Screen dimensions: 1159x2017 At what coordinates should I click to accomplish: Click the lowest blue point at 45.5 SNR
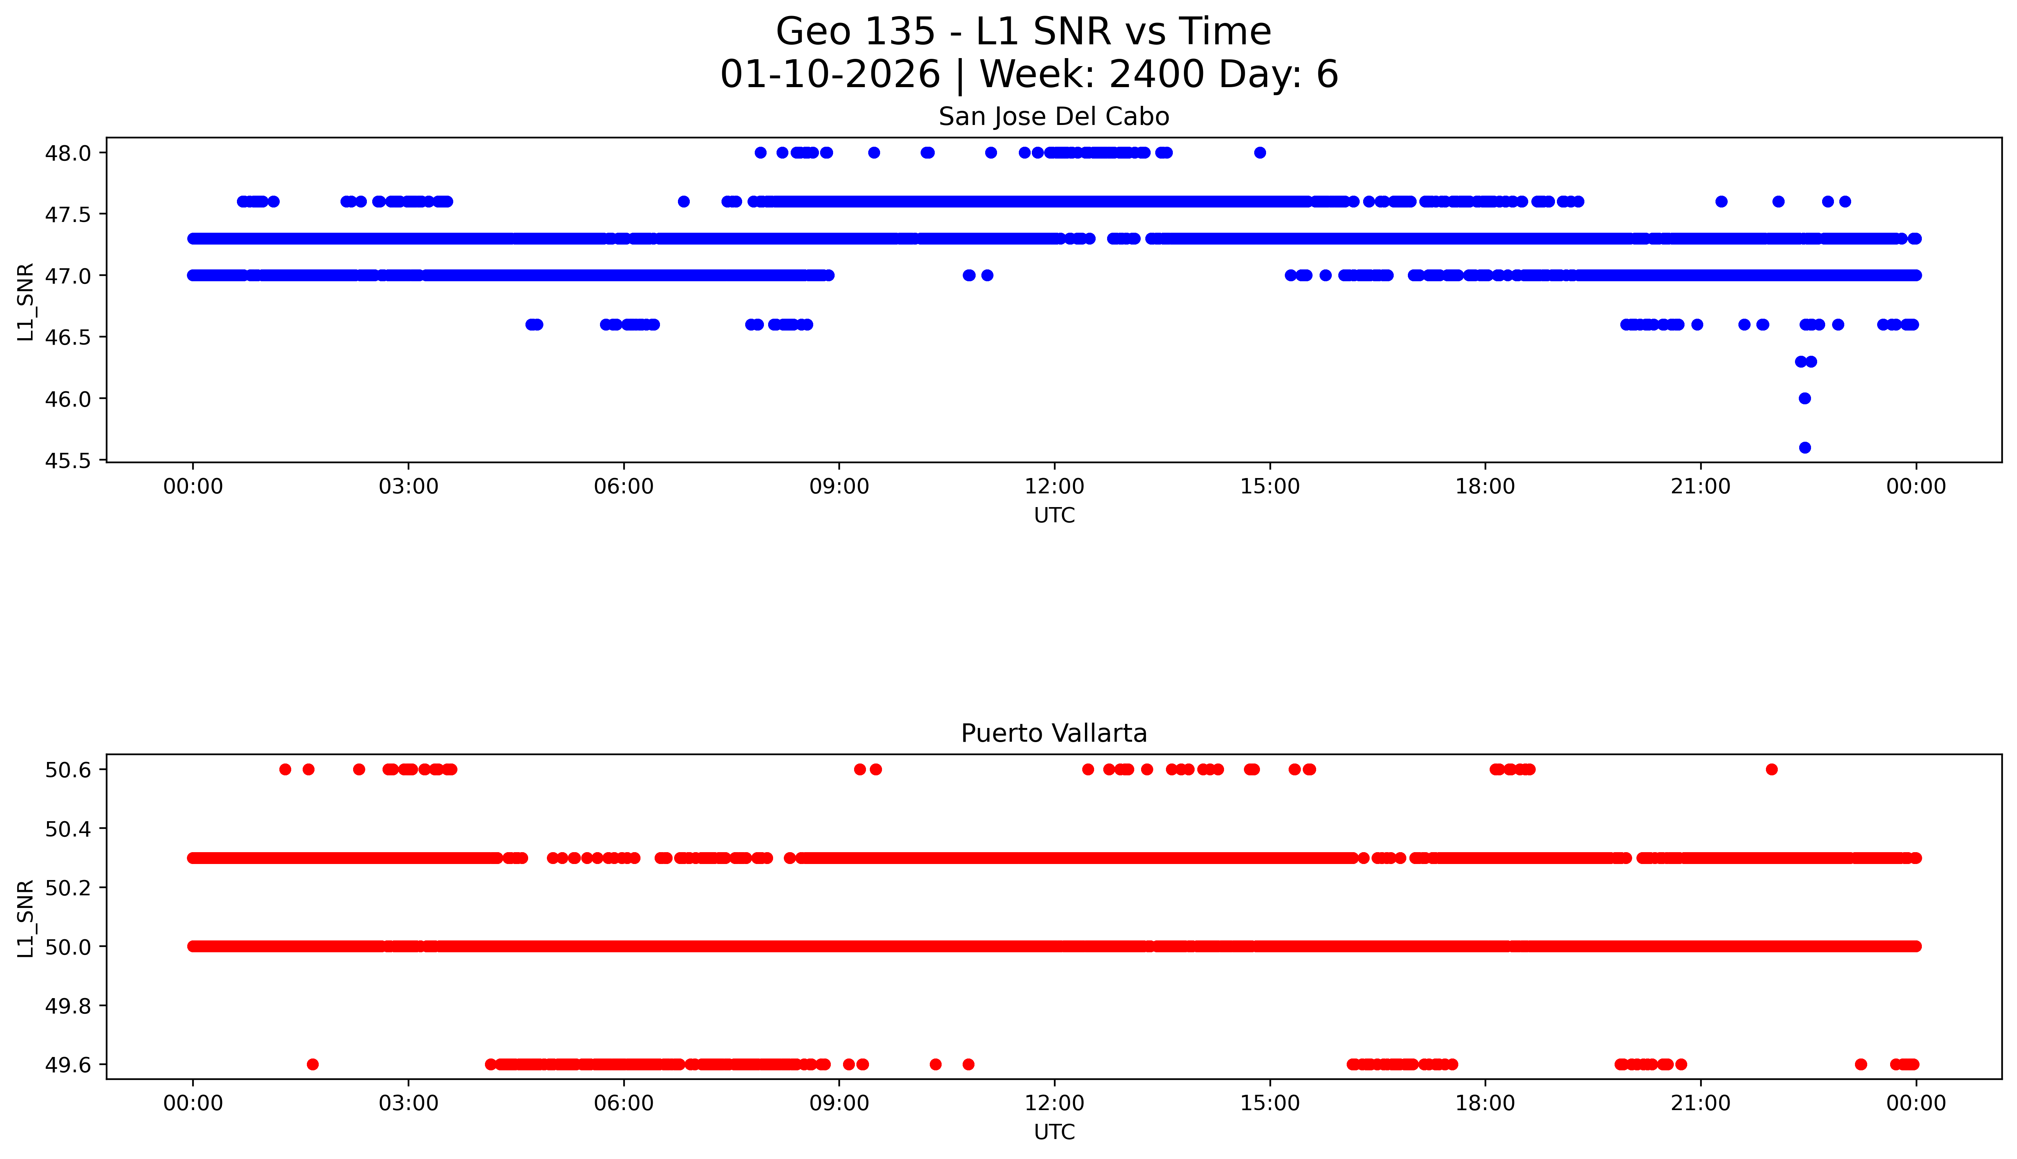[1805, 447]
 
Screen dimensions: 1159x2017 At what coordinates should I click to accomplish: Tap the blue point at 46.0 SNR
[1805, 398]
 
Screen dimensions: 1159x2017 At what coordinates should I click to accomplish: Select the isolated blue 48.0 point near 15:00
[1259, 153]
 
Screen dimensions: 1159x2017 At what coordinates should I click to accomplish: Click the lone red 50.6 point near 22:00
[1771, 769]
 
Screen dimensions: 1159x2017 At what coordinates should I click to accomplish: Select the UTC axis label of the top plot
[1054, 516]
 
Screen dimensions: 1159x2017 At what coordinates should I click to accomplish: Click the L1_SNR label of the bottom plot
[26, 918]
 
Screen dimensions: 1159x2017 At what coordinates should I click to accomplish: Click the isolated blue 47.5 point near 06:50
[683, 201]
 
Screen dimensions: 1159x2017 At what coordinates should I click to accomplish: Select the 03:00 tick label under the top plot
[409, 486]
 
